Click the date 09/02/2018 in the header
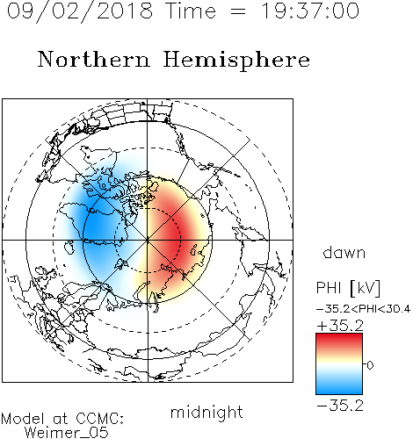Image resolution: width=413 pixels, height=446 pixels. tap(80, 11)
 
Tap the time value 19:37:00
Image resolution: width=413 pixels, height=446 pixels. tap(310, 11)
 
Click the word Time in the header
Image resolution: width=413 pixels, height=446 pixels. tap(191, 11)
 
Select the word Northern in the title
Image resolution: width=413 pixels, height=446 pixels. tap(94, 59)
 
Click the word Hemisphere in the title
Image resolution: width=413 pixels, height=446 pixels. tap(236, 61)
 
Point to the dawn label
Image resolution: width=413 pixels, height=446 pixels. tap(344, 252)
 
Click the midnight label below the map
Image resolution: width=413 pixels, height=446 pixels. tap(206, 412)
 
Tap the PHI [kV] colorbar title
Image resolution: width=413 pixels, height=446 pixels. tap(348, 288)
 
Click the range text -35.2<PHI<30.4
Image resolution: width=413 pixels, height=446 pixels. tap(363, 309)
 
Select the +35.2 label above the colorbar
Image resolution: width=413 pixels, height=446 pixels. tap(340, 326)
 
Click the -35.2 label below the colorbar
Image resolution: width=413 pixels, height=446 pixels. tap(340, 406)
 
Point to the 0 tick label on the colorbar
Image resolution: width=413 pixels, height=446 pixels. tap(370, 365)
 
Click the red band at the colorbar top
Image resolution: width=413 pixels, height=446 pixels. tap(339, 340)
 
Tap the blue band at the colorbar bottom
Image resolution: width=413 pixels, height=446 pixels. tap(339, 388)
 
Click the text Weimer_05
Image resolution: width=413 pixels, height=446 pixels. tap(67, 433)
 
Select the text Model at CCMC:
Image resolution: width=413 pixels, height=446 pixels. tap(62, 419)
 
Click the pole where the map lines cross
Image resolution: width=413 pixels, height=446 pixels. tap(148, 240)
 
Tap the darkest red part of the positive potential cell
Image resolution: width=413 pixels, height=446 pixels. tap(175, 235)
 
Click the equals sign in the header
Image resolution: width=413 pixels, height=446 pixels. tap(238, 11)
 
